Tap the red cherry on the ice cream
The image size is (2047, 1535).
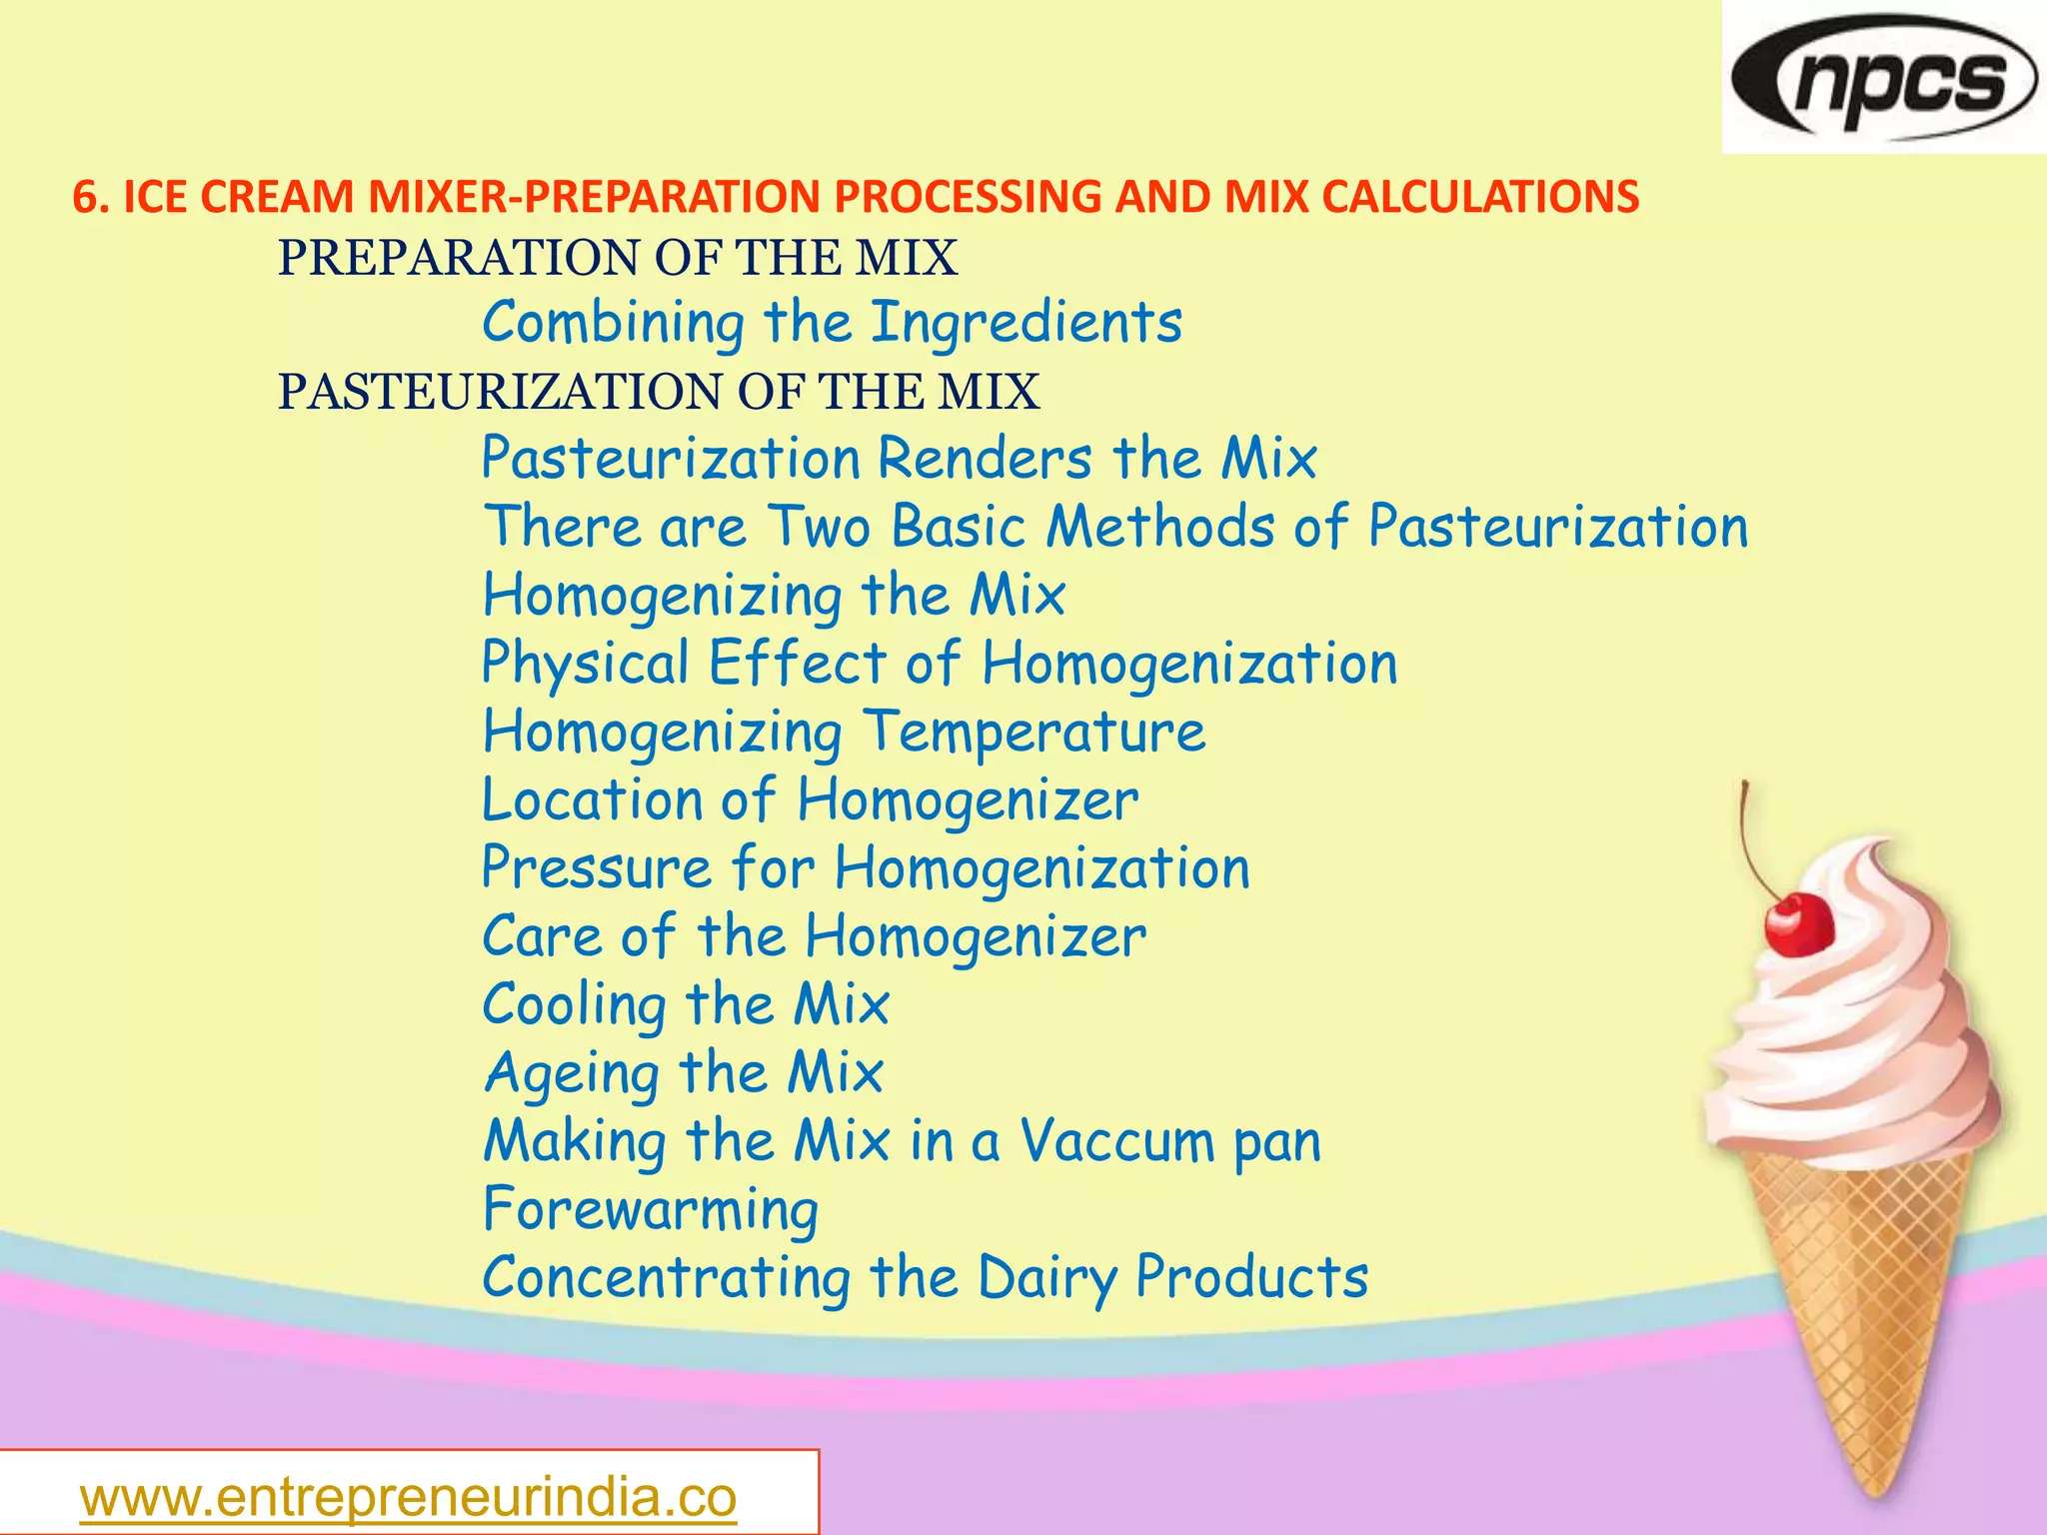(x=1798, y=925)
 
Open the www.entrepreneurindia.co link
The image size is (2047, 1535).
(x=408, y=1497)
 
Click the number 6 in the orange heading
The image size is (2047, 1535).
(x=85, y=197)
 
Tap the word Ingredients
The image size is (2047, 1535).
(x=1025, y=323)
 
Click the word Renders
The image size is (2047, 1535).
(x=986, y=459)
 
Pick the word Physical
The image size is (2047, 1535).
(x=586, y=664)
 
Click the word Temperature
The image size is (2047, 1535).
(x=1033, y=732)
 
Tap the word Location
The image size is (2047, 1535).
(x=592, y=799)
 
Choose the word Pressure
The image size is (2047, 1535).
(x=597, y=867)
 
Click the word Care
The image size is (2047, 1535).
(x=541, y=936)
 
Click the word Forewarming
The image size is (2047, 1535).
(x=651, y=1210)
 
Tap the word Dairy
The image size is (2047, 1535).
(x=1046, y=1278)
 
